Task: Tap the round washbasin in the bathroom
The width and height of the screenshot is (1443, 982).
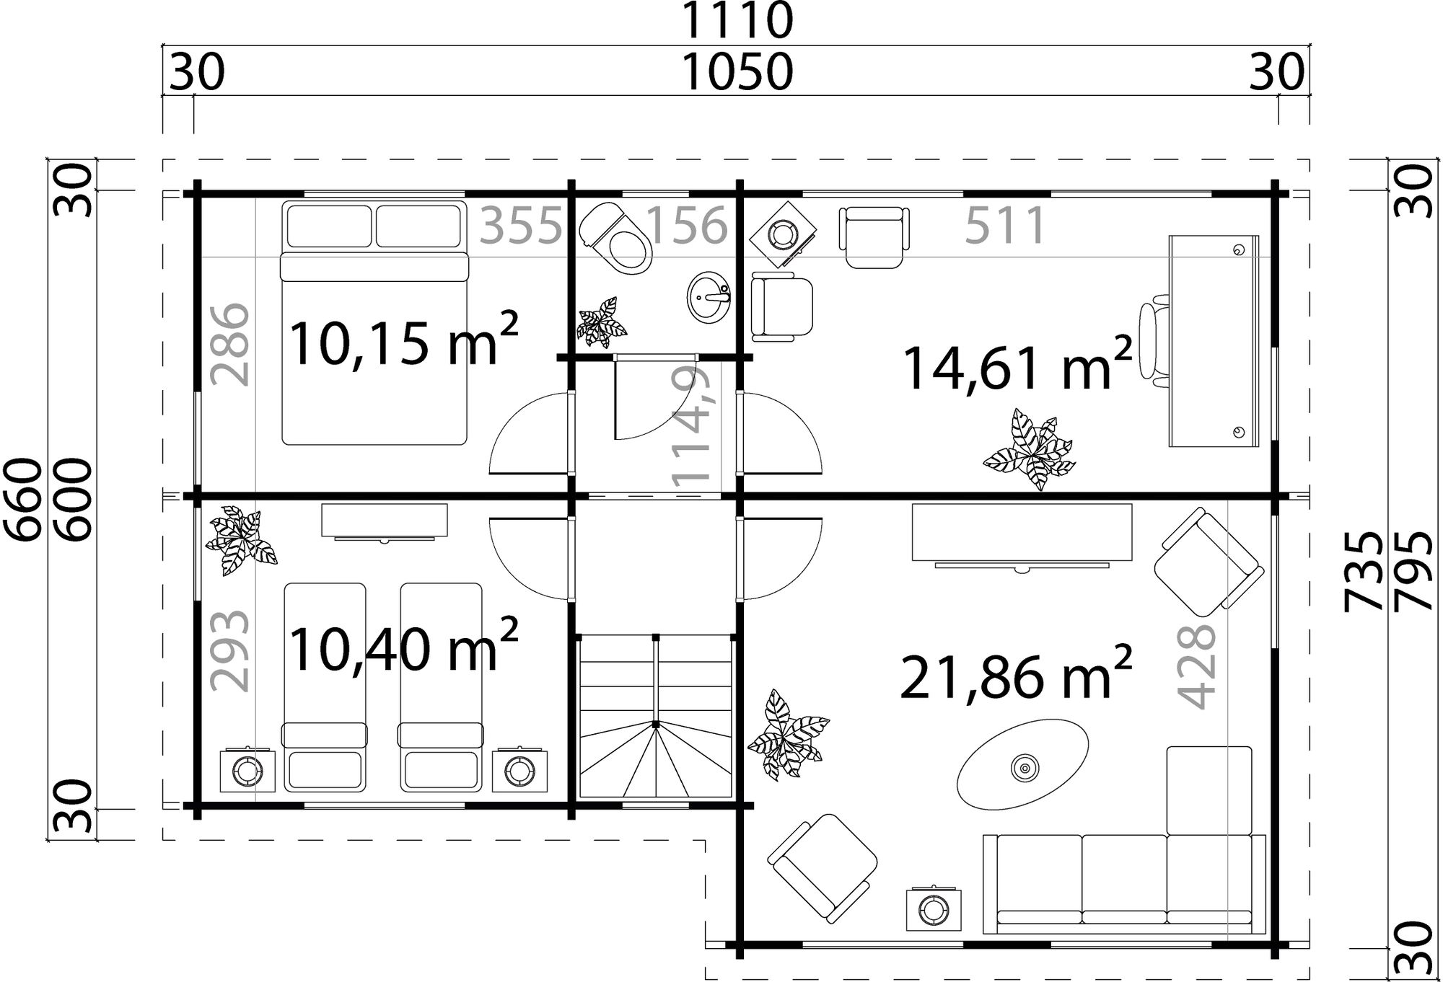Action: click(x=709, y=296)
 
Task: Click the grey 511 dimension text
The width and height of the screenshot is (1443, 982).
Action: click(x=1004, y=225)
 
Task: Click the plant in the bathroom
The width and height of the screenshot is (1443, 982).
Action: click(x=601, y=323)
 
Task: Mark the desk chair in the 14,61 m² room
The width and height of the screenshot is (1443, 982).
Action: click(x=1151, y=340)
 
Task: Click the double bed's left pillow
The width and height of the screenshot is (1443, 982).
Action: click(x=329, y=226)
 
